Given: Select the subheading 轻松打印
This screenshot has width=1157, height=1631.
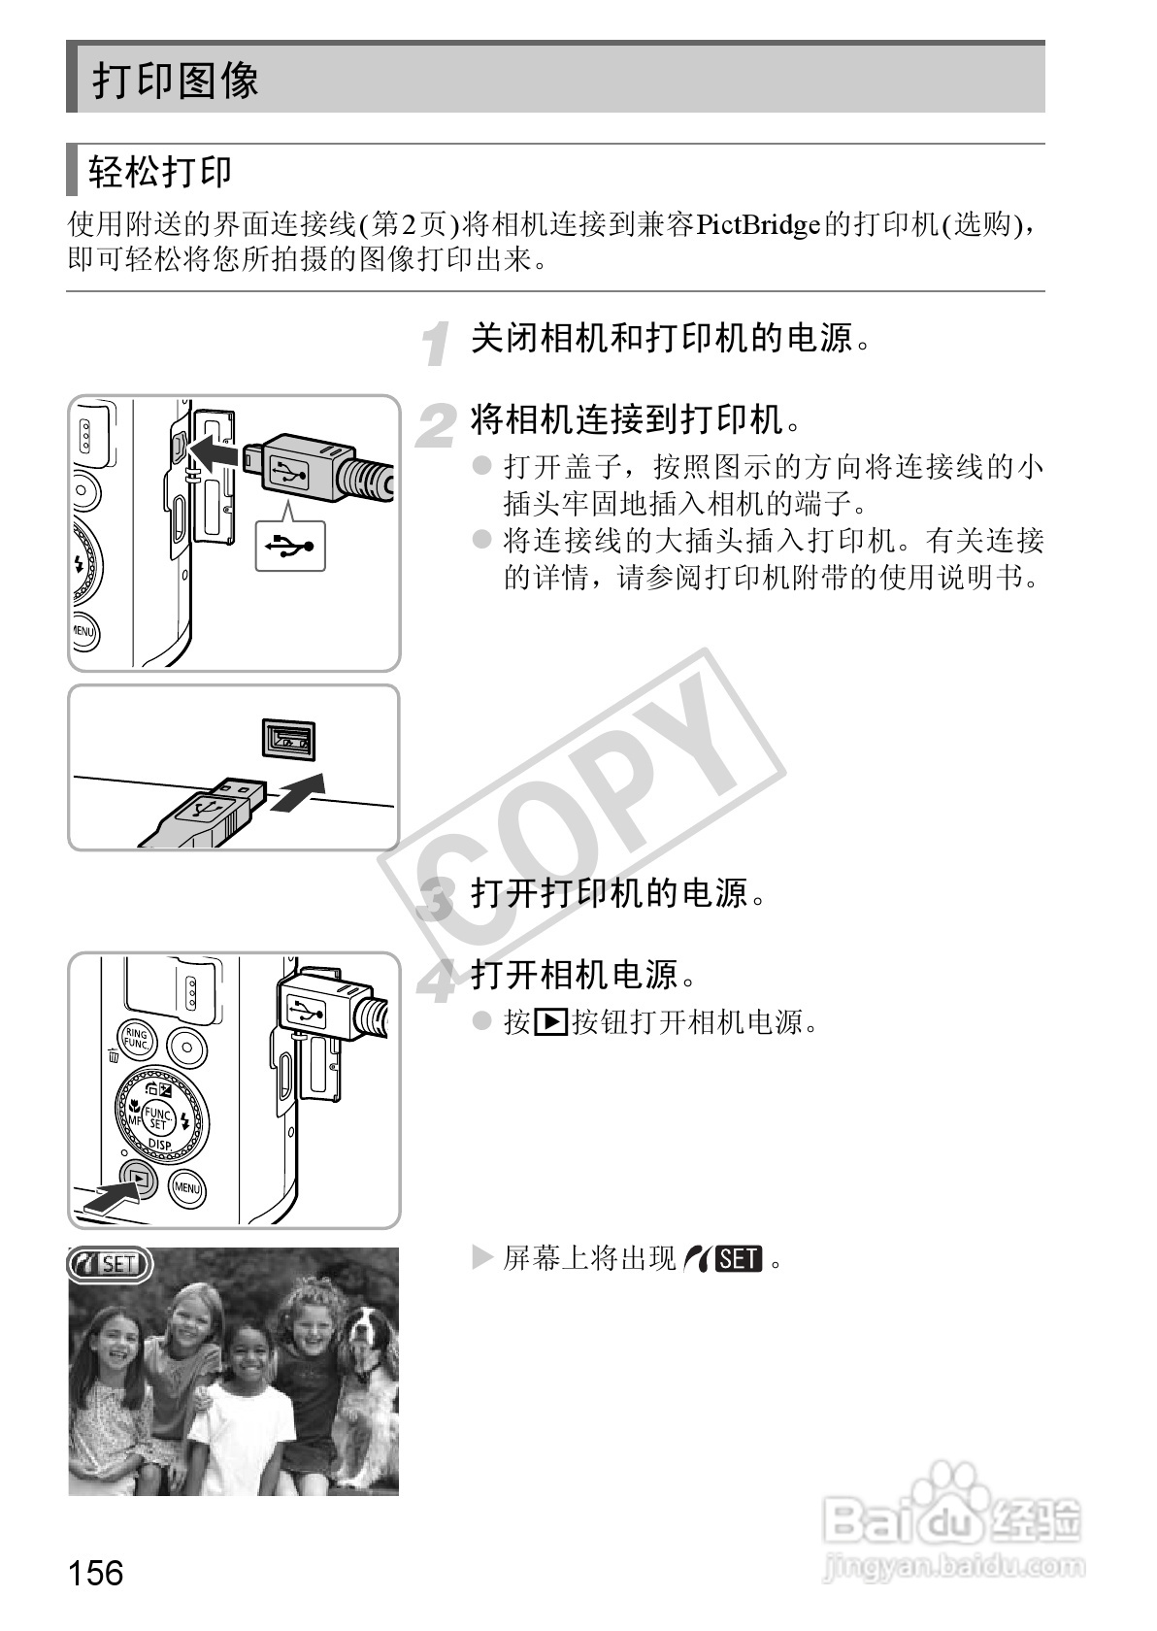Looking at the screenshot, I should tap(160, 172).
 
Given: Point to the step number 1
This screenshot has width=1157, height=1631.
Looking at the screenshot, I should tap(440, 344).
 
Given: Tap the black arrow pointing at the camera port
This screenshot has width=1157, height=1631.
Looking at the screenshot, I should tap(215, 450).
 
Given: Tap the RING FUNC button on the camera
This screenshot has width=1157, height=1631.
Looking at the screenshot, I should tap(136, 1042).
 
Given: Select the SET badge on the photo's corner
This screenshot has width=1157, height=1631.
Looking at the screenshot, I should tap(110, 1264).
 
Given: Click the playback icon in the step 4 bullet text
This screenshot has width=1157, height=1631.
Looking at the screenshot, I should tap(550, 1022).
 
